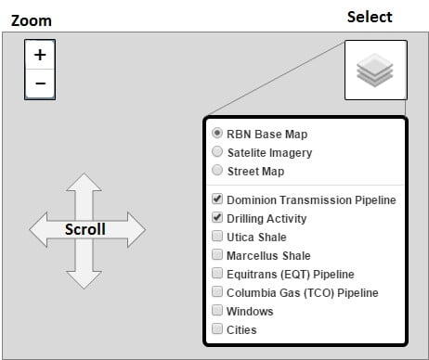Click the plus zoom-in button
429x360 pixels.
[x=40, y=56]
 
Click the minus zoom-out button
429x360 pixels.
[x=40, y=84]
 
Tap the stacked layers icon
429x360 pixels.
[x=375, y=71]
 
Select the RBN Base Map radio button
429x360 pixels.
[x=217, y=134]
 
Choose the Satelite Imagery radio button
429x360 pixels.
[x=217, y=152]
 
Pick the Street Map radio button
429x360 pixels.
[x=217, y=171]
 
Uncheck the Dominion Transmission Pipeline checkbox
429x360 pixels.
[x=217, y=199]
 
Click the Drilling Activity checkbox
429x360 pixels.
[x=217, y=219]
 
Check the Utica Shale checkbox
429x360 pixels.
[x=217, y=238]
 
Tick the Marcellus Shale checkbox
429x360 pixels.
[x=217, y=255]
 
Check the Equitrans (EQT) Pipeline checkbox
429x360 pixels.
[x=217, y=274]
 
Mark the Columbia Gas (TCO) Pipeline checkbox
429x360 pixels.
[x=217, y=292]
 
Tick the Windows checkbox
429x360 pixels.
[x=217, y=311]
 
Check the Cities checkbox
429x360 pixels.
[x=217, y=329]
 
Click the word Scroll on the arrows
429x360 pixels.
[x=85, y=229]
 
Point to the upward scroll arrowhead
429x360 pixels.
[x=84, y=182]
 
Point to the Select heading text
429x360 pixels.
[x=370, y=17]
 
